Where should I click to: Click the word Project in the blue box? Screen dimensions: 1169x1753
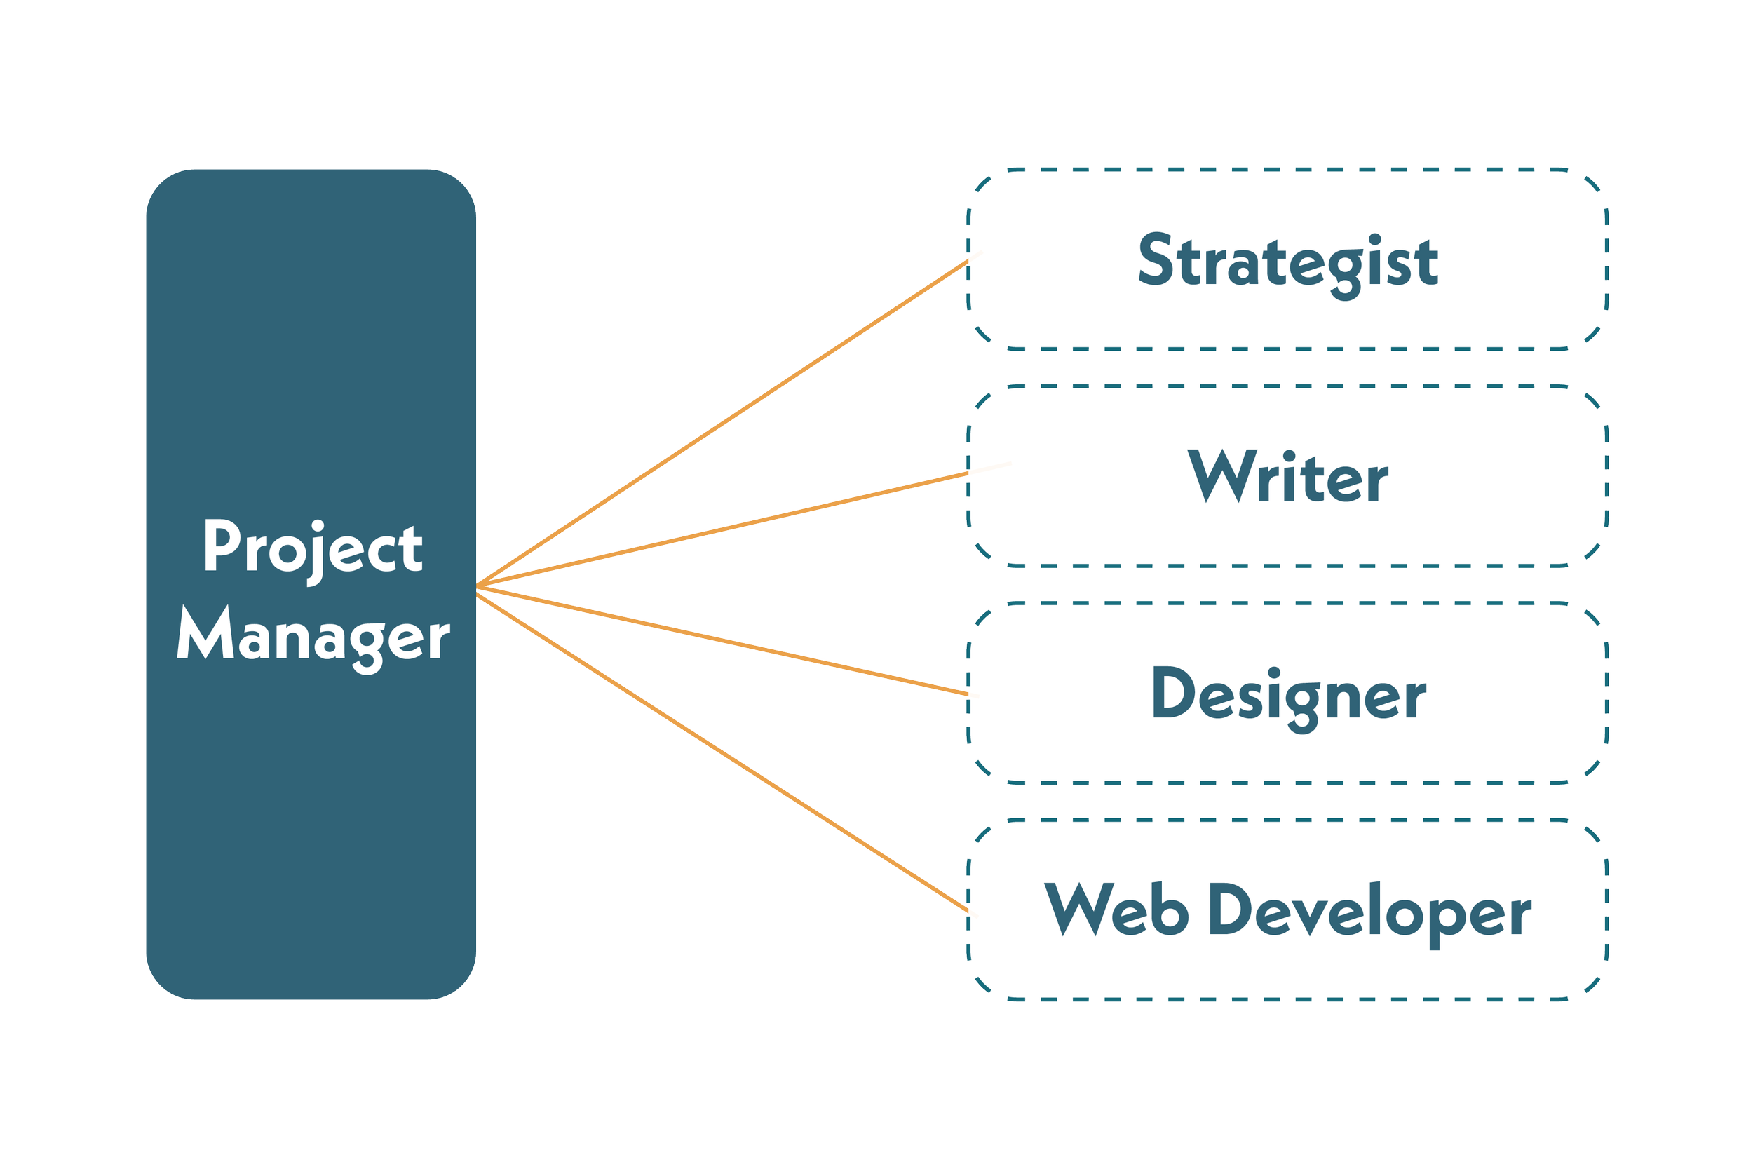click(313, 548)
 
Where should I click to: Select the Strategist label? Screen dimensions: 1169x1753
click(1287, 262)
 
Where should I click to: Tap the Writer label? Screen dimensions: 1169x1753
click(1287, 477)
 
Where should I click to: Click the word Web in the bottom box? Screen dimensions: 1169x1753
click(1116, 910)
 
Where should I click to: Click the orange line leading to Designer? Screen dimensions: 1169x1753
click(723, 641)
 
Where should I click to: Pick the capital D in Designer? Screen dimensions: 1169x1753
click(1171, 693)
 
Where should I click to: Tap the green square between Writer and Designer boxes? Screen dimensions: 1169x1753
click(1287, 583)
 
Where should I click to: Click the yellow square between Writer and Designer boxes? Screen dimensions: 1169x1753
click(1542, 583)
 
